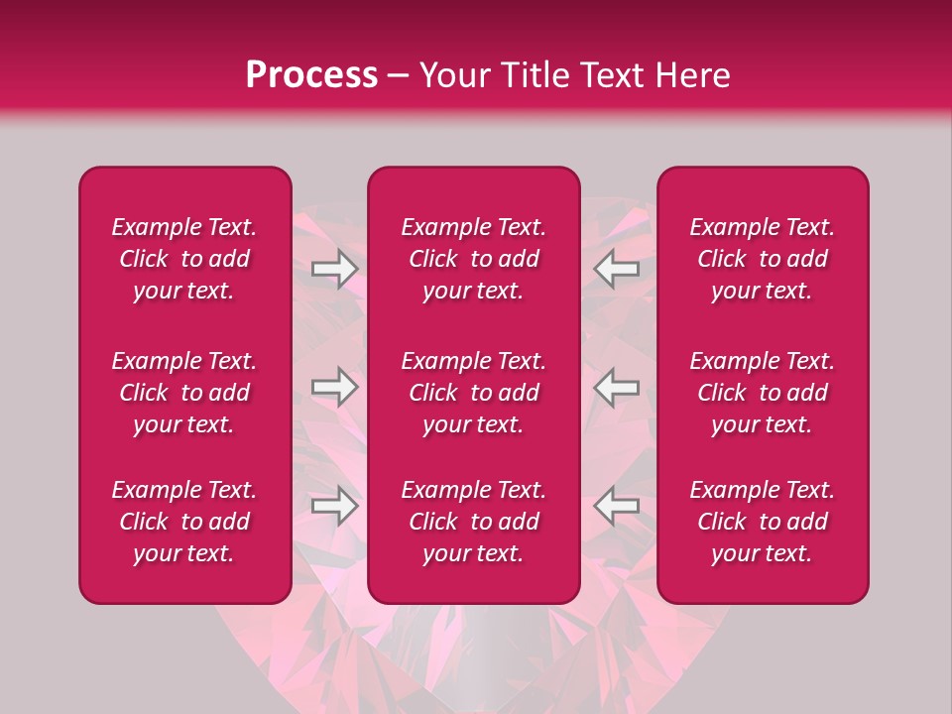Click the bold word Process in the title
[311, 75]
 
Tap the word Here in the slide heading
[694, 75]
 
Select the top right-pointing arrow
[335, 269]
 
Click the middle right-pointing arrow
[335, 387]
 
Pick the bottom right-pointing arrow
[335, 506]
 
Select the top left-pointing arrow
[617, 269]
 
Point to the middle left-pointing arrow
[617, 387]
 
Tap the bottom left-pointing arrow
[617, 506]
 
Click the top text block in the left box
[184, 259]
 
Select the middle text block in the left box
[184, 393]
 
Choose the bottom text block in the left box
[184, 522]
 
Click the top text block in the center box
[474, 259]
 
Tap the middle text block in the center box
[474, 393]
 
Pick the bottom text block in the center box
[474, 522]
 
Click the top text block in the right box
[763, 259]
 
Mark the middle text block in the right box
[763, 393]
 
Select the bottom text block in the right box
[763, 522]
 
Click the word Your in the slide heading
[452, 75]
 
